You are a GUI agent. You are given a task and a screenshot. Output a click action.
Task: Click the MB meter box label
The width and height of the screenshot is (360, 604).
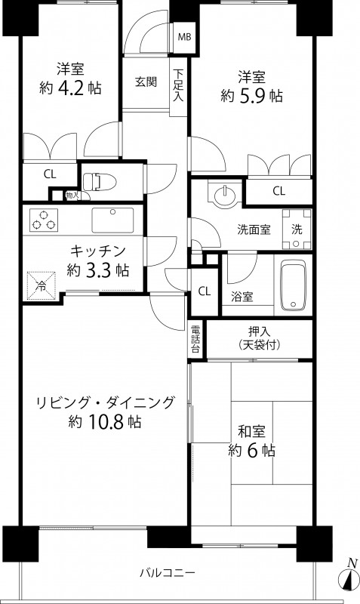(183, 35)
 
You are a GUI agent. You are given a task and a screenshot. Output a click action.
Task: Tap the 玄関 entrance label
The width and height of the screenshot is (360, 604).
(146, 82)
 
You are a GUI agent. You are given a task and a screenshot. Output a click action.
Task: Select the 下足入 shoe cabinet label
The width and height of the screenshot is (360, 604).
(178, 85)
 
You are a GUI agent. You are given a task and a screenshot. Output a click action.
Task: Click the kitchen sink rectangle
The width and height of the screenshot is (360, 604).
(112, 220)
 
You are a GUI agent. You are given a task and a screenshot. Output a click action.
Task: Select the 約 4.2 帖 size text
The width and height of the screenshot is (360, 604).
(69, 88)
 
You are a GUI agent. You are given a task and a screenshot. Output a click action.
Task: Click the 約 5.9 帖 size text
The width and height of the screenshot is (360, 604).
(251, 96)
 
